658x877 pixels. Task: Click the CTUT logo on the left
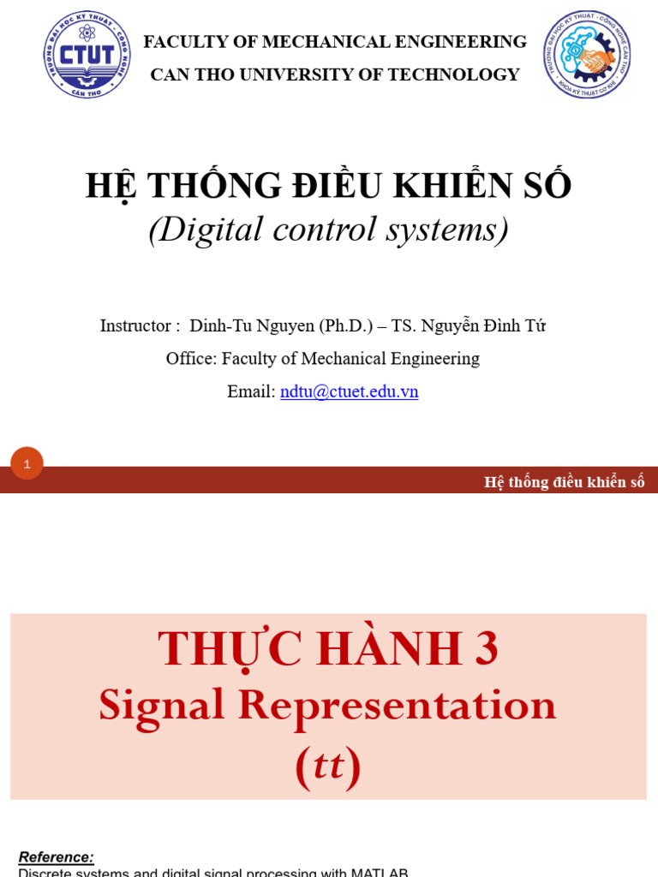coord(87,55)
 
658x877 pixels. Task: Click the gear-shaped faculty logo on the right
coord(587,55)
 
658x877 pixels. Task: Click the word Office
coord(190,359)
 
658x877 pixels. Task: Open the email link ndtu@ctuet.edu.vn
coord(349,391)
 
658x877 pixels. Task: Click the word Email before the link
coord(250,391)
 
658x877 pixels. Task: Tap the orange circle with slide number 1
coord(27,464)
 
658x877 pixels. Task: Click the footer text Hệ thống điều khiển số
coord(564,482)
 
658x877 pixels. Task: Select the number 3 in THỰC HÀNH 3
coord(487,649)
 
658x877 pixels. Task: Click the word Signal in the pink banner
coord(161,706)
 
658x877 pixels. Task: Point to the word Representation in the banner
coord(397,706)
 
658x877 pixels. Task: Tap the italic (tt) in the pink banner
coord(328,765)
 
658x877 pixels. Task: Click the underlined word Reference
coord(56,856)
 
